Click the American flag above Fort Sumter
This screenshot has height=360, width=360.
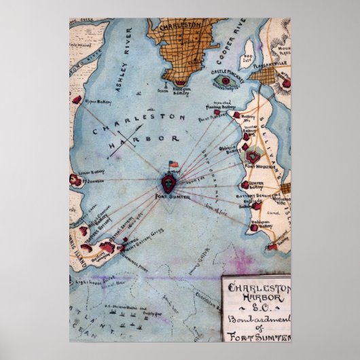[173, 164]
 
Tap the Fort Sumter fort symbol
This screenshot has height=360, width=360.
[168, 181]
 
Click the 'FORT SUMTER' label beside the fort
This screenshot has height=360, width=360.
[168, 197]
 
